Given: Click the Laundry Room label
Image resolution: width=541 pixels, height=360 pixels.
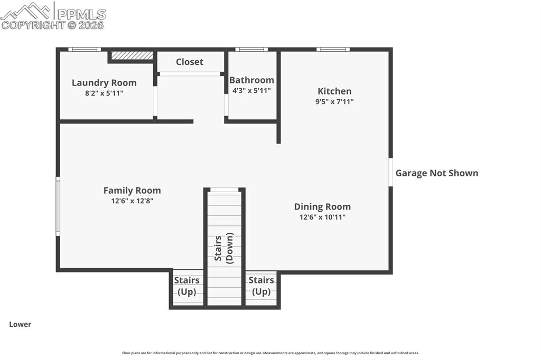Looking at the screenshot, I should click(x=104, y=83).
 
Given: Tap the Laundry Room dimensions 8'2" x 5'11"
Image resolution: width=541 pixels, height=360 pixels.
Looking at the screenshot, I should click(x=104, y=93).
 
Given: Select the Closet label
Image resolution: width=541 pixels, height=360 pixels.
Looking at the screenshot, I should click(x=190, y=62).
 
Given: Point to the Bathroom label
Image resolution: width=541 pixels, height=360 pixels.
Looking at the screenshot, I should click(x=251, y=80).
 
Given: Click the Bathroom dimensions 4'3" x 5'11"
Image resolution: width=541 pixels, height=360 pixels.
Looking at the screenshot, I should click(x=251, y=90).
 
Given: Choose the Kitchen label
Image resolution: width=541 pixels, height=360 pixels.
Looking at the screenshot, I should click(x=334, y=91).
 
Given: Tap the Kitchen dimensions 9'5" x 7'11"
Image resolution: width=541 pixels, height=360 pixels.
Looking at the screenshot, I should click(x=334, y=101).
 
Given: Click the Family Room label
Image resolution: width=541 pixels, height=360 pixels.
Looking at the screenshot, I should click(x=132, y=191).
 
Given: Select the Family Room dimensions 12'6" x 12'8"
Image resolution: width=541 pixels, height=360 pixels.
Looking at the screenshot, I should click(x=132, y=201).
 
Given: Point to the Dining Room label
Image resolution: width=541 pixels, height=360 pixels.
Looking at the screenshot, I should click(x=322, y=206).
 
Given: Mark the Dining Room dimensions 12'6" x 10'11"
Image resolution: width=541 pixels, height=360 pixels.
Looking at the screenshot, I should click(x=322, y=216).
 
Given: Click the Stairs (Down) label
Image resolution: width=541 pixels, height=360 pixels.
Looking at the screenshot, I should click(x=224, y=247).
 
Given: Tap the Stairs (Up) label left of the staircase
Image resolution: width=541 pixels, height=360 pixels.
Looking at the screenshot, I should click(x=187, y=286).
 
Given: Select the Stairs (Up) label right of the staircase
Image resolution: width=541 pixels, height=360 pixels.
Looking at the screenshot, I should click(x=262, y=286).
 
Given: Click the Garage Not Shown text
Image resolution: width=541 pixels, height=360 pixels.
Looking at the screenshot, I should click(x=437, y=173).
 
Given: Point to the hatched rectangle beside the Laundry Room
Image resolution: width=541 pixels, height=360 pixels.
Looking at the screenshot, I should click(x=132, y=55).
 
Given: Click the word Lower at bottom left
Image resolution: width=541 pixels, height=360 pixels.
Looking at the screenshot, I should click(x=20, y=325).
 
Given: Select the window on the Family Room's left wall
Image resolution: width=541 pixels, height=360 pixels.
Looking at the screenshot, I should click(x=58, y=206).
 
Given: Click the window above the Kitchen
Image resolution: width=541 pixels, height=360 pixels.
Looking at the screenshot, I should click(x=333, y=50).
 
